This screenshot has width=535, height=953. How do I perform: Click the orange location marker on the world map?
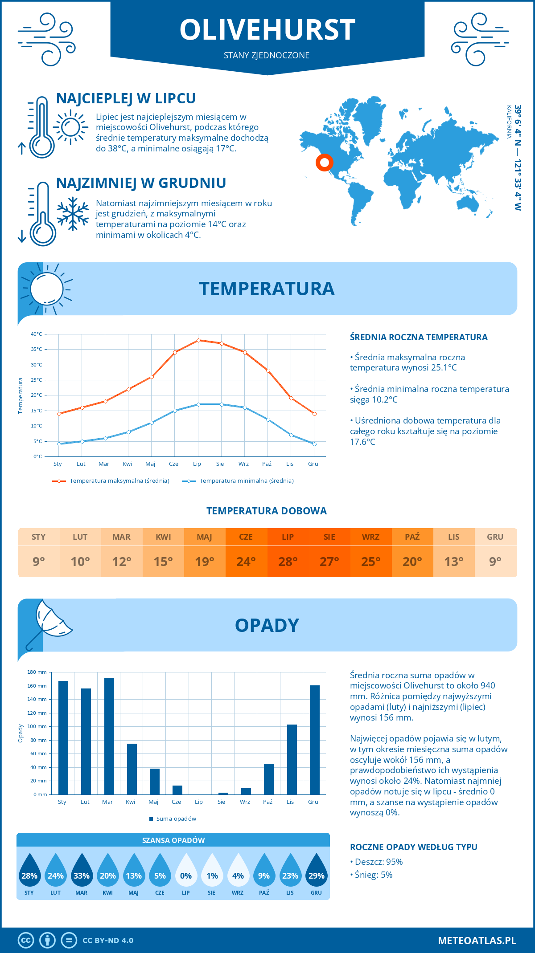point(325,163)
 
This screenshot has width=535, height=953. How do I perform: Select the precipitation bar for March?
point(109,736)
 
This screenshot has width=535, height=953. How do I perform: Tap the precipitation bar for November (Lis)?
point(292,759)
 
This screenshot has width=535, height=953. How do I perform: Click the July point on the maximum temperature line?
point(198,340)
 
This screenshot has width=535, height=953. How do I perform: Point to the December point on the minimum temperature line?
point(314,444)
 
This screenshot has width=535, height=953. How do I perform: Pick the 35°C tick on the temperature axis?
point(37,350)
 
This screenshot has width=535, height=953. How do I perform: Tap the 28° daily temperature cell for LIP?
point(288,562)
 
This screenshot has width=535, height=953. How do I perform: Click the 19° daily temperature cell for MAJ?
point(205,562)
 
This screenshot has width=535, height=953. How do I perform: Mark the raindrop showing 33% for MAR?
point(82,873)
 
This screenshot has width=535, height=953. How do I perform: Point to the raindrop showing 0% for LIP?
point(186,873)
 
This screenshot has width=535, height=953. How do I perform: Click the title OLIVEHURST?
point(267,30)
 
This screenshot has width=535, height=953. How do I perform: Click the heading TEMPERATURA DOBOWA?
point(267,511)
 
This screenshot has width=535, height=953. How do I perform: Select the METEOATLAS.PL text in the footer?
point(477,940)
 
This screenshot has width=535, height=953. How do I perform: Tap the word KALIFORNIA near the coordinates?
point(509,122)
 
